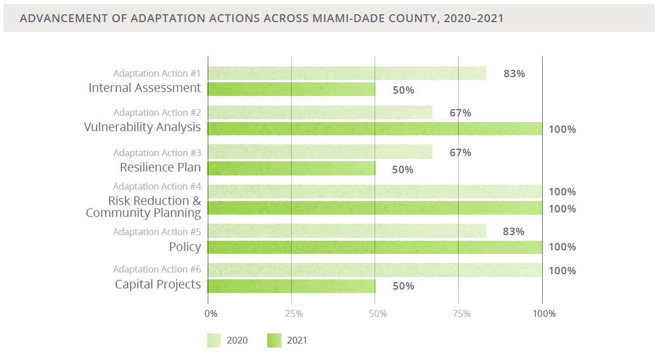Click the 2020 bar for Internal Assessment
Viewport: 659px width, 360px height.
click(x=347, y=73)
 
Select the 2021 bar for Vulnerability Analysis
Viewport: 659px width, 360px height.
click(x=375, y=129)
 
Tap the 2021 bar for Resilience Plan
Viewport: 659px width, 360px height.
click(x=291, y=169)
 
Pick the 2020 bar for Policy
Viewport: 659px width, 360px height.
click(x=347, y=231)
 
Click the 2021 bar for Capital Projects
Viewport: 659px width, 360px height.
click(x=291, y=286)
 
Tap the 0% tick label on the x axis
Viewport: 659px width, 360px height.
click(x=211, y=313)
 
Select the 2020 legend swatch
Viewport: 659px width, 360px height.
click(x=213, y=340)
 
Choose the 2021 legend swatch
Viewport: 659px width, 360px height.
click(x=274, y=340)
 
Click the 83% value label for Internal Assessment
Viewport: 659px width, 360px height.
click(x=514, y=73)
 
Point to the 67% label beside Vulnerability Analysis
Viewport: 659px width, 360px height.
click(x=460, y=112)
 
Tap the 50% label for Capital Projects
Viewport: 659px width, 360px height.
click(x=404, y=286)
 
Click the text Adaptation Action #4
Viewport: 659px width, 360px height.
click(x=157, y=186)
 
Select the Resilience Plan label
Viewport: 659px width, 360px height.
click(x=160, y=168)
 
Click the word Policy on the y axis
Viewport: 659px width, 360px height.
click(x=185, y=247)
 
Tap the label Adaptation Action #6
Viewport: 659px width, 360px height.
click(x=157, y=269)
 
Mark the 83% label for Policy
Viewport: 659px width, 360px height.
click(x=514, y=231)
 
